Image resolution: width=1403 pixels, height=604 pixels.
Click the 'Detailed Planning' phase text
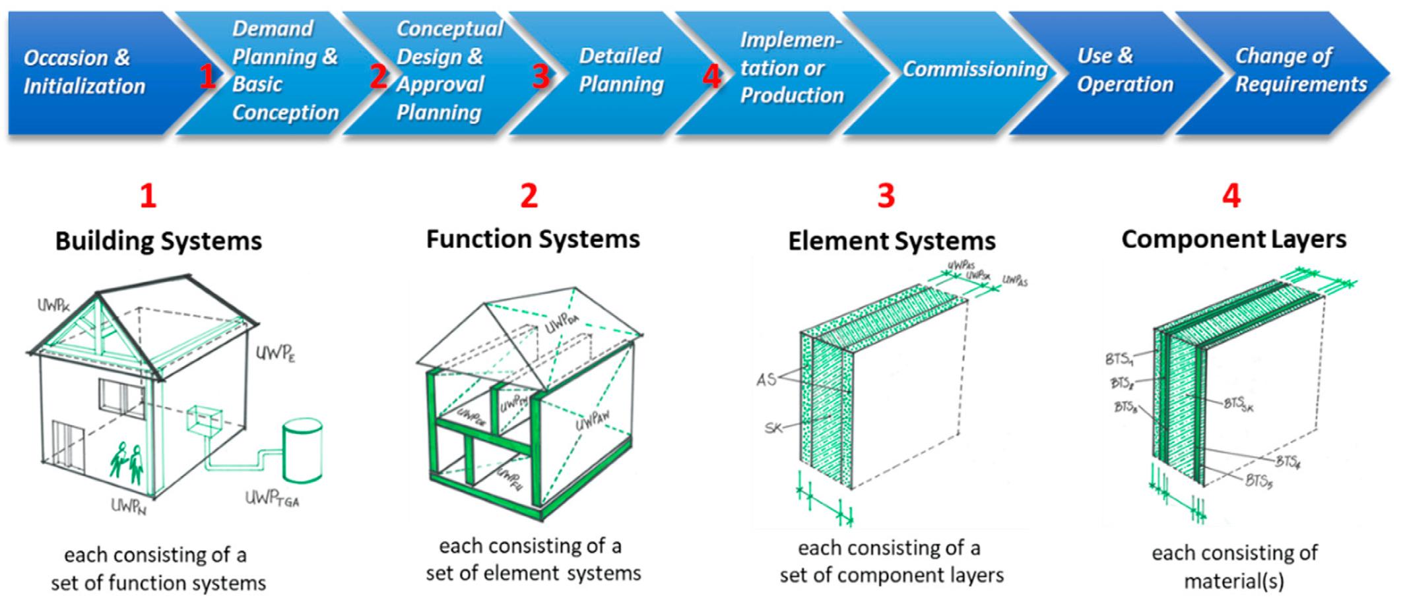click(x=620, y=70)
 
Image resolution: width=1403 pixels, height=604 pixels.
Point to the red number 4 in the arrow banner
click(x=711, y=76)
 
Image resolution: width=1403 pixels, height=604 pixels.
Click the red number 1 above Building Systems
click(x=148, y=196)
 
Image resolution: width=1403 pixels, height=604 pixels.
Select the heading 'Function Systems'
click(x=533, y=239)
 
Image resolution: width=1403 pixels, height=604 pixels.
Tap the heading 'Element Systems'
click(x=892, y=241)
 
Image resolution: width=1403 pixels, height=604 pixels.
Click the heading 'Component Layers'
click(x=1233, y=239)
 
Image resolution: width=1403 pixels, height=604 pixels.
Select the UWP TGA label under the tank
click(x=272, y=498)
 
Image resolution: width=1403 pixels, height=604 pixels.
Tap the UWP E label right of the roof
click(x=275, y=354)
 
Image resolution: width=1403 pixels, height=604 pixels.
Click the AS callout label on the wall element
click(x=766, y=380)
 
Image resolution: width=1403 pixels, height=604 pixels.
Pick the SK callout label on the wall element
click(x=773, y=428)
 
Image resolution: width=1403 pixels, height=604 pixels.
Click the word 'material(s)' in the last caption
click(x=1233, y=582)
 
